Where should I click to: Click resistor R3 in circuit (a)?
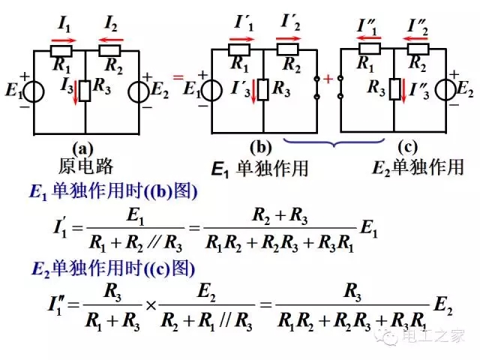(x=86, y=89)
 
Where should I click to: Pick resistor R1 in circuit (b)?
(x=239, y=51)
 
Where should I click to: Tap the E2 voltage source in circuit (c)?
(x=445, y=88)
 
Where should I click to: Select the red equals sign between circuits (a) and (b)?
(x=178, y=77)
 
